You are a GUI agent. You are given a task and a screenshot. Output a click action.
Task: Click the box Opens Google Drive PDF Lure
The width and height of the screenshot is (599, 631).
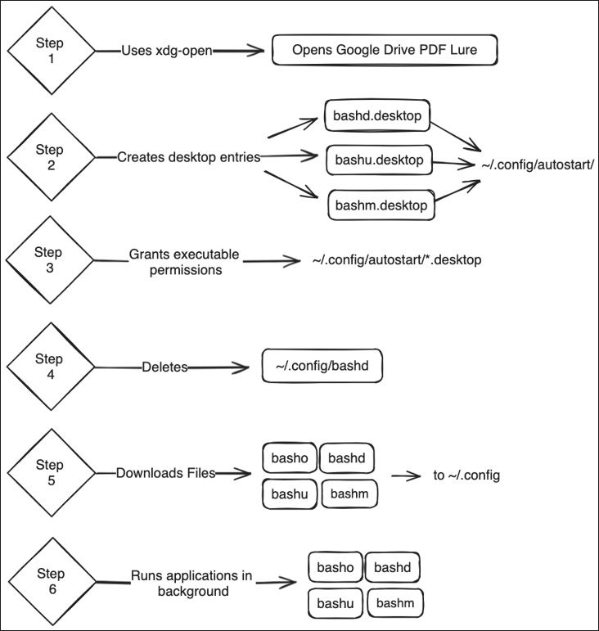(x=385, y=51)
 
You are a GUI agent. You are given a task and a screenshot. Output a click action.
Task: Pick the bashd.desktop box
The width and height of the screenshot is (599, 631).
(x=377, y=116)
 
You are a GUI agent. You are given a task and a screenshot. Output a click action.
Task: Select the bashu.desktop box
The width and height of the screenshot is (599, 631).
(x=379, y=160)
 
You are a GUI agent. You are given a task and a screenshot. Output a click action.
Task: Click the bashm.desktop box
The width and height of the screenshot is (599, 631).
(x=381, y=205)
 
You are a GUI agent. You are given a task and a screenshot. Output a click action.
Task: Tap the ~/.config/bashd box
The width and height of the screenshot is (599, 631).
(x=322, y=365)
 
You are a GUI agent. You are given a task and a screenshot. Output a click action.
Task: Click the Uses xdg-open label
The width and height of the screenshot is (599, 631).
(x=167, y=51)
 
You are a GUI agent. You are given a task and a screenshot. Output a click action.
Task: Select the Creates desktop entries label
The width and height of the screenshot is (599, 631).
(x=189, y=156)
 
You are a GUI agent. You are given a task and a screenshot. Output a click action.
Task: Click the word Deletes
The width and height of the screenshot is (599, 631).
(x=164, y=367)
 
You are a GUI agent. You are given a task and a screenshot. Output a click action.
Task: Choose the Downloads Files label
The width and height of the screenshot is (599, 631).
(x=166, y=473)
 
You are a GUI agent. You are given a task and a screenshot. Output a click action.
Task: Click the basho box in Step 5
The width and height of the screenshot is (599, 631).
(x=289, y=458)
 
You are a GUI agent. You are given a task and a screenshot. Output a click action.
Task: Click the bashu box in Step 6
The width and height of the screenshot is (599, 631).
(x=334, y=604)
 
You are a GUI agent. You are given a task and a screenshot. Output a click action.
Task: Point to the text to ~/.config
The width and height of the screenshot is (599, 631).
(x=466, y=476)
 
